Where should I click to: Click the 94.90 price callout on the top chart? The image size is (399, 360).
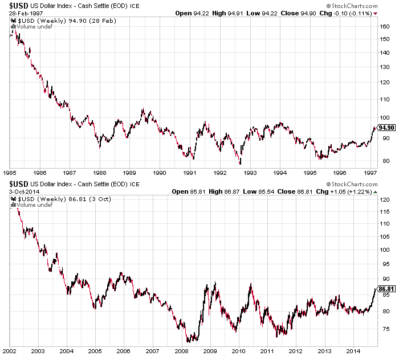point(386,128)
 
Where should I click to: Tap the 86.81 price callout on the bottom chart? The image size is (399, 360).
point(386,289)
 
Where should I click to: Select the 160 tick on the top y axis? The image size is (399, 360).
point(385,26)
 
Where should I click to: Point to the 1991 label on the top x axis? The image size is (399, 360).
point(190,173)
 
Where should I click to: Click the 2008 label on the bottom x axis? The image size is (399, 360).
point(181,351)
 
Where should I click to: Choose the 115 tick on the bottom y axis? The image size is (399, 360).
point(385,211)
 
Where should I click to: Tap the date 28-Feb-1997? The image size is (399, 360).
point(26,13)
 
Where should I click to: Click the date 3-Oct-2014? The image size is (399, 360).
point(24,191)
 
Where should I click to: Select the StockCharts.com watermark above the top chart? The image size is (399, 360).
point(352,6)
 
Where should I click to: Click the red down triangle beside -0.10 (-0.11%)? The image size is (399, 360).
point(375,14)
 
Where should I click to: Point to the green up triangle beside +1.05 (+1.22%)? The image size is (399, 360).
point(375,192)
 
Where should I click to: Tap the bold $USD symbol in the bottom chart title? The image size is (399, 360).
point(19,184)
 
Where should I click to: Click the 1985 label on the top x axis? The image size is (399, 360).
point(10,173)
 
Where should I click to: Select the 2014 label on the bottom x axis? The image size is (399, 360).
point(353,351)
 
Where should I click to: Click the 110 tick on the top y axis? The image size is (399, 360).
point(385,100)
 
